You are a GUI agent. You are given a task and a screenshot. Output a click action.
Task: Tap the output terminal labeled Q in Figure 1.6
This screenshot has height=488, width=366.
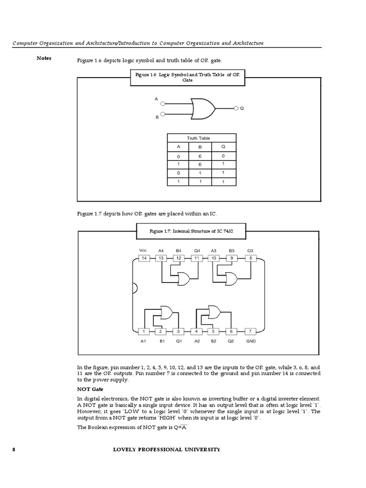[x=235, y=109]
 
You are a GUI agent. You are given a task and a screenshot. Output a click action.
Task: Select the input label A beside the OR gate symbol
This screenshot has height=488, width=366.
[x=156, y=99]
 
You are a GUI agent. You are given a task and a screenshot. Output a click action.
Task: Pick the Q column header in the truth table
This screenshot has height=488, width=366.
[x=223, y=147]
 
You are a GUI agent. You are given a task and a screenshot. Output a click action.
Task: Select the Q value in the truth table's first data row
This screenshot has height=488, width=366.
[x=223, y=156]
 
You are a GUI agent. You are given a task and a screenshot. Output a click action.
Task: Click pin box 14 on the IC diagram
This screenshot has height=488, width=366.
[x=144, y=258]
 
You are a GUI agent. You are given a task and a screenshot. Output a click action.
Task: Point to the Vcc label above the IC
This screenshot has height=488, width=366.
[x=143, y=250]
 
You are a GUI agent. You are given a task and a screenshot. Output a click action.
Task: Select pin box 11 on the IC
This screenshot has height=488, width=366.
[x=196, y=258]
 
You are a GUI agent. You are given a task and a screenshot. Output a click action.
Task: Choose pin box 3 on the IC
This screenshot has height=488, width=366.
[x=178, y=331]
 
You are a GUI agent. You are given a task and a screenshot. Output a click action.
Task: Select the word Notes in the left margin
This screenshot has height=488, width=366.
[x=44, y=58]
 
